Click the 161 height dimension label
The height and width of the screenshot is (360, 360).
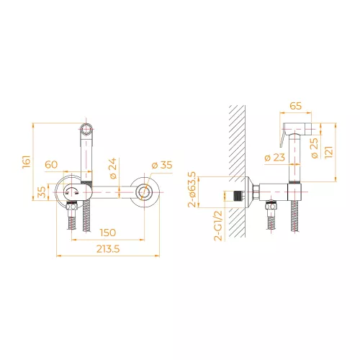27,161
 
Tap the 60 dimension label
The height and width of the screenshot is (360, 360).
51,165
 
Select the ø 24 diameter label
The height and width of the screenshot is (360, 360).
113,168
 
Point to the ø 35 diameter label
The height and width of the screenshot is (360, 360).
162,165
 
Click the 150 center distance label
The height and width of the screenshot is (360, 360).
108,233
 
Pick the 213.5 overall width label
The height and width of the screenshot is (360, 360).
108,249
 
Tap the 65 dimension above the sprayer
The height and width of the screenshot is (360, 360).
295,106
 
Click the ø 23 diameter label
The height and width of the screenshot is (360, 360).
274,158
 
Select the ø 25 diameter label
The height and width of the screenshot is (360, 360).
314,148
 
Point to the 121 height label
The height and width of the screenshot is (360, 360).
329,152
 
